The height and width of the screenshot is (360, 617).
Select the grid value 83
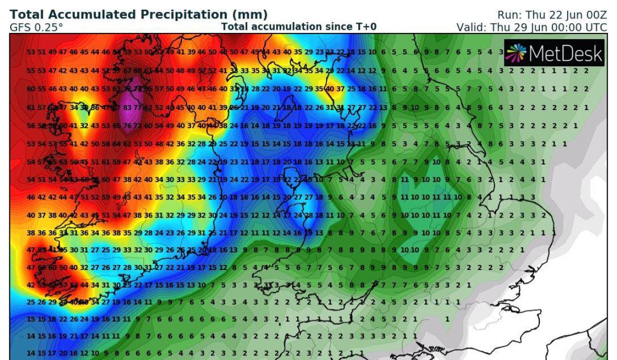click(128, 107)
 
